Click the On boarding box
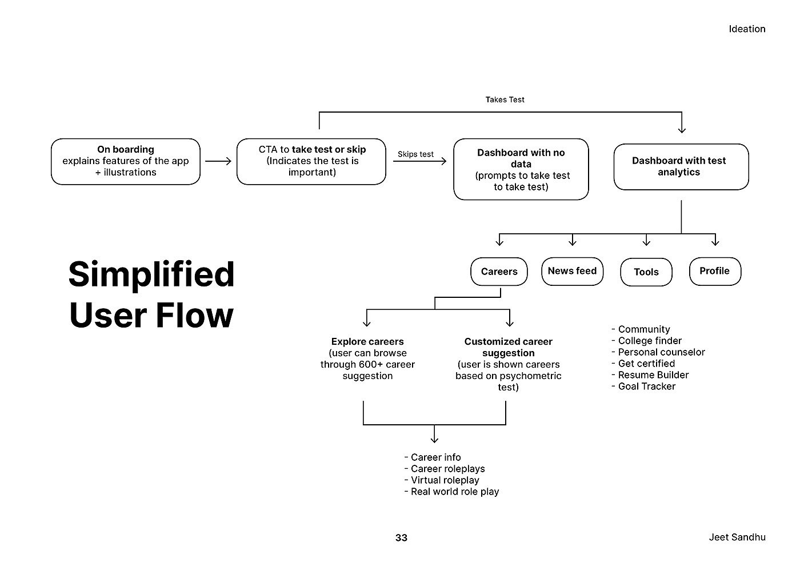coord(126,161)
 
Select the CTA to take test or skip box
coord(311,161)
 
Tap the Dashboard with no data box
coord(521,169)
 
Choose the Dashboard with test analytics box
coord(681,166)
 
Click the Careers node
coord(499,272)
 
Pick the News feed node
coord(572,271)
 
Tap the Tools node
coord(646,272)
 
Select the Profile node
coord(714,271)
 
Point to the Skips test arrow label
coord(415,154)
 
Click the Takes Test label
coord(505,99)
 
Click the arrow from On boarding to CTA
coord(218,162)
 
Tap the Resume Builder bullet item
coord(653,375)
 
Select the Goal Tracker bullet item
coord(646,386)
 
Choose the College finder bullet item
coord(649,341)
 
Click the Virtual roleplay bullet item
coord(444,480)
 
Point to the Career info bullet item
coord(435,457)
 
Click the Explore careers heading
coord(367,342)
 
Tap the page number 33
coord(401,537)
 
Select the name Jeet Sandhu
coord(737,537)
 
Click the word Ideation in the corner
coord(746,29)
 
